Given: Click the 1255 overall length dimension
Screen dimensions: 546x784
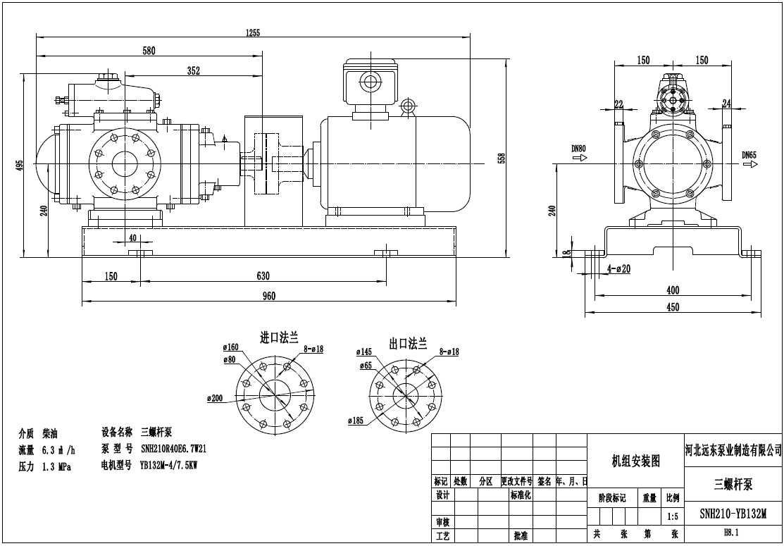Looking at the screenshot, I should [254, 32].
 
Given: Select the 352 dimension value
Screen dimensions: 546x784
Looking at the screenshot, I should [194, 70].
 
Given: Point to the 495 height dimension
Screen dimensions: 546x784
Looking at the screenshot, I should [20, 165].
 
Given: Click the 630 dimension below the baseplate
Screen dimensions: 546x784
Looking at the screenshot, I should [263, 276].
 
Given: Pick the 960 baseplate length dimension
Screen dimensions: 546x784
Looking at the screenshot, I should [268, 296].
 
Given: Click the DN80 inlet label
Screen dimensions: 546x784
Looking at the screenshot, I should [578, 149].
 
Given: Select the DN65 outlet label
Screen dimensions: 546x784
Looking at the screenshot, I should [749, 154].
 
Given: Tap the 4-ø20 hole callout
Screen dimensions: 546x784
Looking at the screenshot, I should [618, 268].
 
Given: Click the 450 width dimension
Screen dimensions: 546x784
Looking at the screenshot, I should [673, 306].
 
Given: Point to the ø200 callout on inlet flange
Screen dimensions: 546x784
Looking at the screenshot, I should [214, 398].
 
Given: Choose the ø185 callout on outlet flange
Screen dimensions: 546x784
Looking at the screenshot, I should [356, 421].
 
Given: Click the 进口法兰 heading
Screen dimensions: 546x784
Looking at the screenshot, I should [280, 339].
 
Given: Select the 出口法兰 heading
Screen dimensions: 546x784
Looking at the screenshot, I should [409, 344].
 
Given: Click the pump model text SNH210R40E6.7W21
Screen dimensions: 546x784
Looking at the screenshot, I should [173, 448].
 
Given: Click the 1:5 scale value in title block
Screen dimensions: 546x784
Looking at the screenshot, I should [672, 516].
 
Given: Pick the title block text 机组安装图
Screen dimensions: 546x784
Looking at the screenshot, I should [635, 461].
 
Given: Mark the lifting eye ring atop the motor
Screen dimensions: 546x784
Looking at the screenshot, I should [407, 106].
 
